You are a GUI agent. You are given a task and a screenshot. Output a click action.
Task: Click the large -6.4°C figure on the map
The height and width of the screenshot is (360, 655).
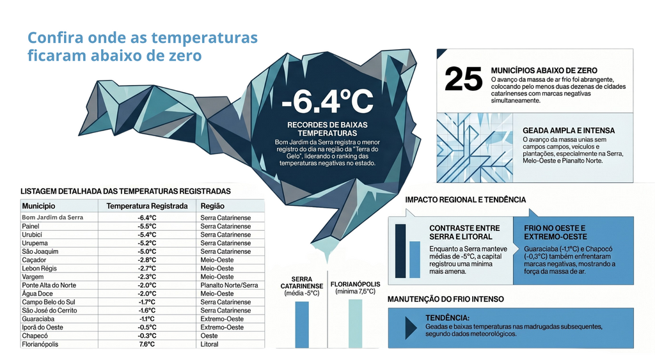point(327,102)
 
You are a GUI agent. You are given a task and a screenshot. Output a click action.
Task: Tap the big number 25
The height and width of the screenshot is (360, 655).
point(463,79)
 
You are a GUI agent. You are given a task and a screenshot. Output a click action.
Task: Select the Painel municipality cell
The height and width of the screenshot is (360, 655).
point(31,226)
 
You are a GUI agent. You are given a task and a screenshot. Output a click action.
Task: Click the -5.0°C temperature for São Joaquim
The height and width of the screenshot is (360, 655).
point(147,251)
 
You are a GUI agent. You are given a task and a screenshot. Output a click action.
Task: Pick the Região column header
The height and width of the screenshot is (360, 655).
point(212,206)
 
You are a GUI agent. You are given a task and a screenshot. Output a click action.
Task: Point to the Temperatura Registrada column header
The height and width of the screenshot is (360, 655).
point(147,206)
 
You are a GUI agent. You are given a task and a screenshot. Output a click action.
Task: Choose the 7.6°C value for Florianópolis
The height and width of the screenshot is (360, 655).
point(147,344)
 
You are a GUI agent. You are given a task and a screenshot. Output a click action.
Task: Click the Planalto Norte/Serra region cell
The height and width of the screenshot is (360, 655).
point(229,285)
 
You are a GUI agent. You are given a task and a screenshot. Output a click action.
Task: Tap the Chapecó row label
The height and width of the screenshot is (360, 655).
point(35,336)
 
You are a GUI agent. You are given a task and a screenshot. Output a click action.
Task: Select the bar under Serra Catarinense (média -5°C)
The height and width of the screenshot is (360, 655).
point(302,324)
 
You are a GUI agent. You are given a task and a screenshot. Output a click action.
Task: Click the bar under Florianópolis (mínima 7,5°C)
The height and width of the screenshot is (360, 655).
point(356,324)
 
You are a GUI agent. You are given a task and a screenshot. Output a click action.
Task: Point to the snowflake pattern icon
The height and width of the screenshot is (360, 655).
point(475,148)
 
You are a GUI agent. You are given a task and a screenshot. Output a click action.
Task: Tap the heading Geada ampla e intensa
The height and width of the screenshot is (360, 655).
point(569,130)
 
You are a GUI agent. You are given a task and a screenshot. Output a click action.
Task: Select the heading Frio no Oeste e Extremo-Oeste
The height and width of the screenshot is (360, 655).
point(555,232)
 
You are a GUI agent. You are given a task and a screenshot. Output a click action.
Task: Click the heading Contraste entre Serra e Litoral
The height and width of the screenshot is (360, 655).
point(464,232)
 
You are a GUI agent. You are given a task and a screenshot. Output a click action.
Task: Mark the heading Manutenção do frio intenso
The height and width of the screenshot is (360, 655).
point(446,299)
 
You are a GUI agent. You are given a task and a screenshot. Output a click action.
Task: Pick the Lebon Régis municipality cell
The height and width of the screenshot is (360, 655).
point(39,268)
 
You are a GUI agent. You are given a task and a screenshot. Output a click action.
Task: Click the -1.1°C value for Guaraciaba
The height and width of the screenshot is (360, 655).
point(147,318)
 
